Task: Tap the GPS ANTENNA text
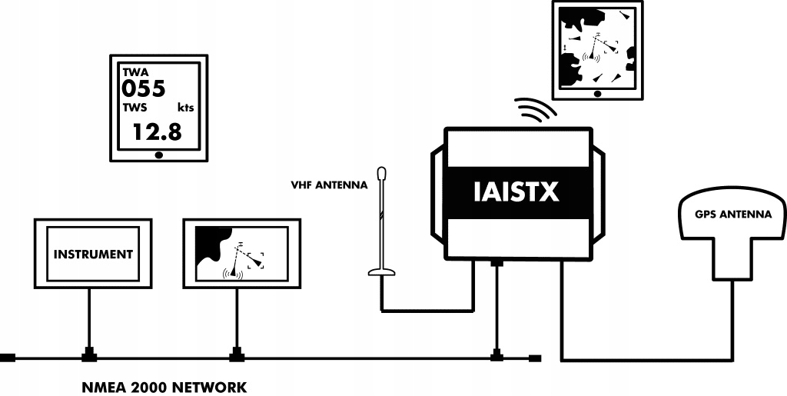click(x=733, y=215)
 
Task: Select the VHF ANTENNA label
click(x=329, y=185)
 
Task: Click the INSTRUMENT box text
click(x=92, y=254)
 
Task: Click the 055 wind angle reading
click(x=144, y=88)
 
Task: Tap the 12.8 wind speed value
click(x=157, y=131)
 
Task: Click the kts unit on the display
click(x=185, y=108)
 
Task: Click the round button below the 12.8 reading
click(x=159, y=155)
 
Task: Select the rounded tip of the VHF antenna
click(x=382, y=174)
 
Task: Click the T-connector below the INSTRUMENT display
click(x=89, y=354)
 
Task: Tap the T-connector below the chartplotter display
click(x=237, y=354)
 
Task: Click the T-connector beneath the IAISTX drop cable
click(x=496, y=354)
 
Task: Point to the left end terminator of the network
click(x=8, y=358)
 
